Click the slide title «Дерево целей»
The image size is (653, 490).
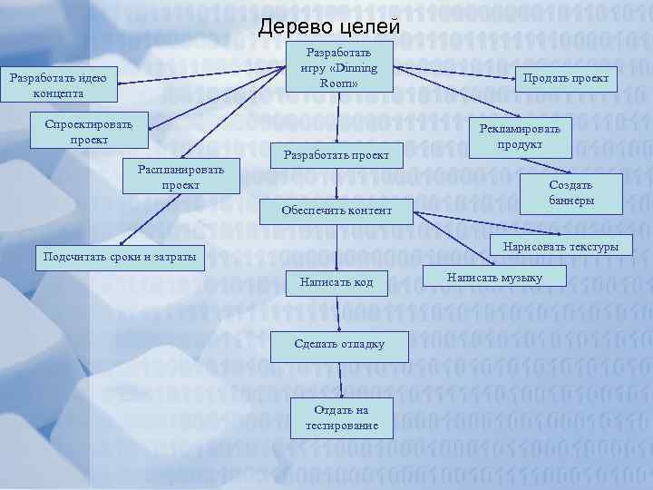pyautogui.click(x=328, y=27)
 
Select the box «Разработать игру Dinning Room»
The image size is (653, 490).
pyautogui.click(x=338, y=67)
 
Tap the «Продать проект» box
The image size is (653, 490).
pyautogui.click(x=565, y=78)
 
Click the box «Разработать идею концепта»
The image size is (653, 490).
pyautogui.click(x=57, y=85)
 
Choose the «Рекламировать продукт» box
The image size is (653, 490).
pyautogui.click(x=520, y=136)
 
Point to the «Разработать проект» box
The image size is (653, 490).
pyautogui.click(x=336, y=155)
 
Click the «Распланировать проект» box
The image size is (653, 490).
pyautogui.click(x=180, y=177)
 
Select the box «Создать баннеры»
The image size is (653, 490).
pyautogui.click(x=570, y=192)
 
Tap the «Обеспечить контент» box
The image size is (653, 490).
pyautogui.click(x=336, y=211)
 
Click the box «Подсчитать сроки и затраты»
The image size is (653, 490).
pyautogui.click(x=120, y=256)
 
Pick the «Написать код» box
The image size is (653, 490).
pyautogui.click(x=336, y=283)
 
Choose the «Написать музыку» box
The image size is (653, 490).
pyautogui.click(x=494, y=277)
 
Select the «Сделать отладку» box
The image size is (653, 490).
pyautogui.click(x=339, y=344)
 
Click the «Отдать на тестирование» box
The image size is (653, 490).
pyautogui.click(x=342, y=417)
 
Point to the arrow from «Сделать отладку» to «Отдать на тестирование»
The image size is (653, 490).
pyautogui.click(x=341, y=377)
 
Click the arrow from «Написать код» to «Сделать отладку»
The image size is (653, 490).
pyautogui.click(x=338, y=313)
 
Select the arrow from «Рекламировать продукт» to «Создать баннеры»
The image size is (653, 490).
pyautogui.click(x=535, y=164)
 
